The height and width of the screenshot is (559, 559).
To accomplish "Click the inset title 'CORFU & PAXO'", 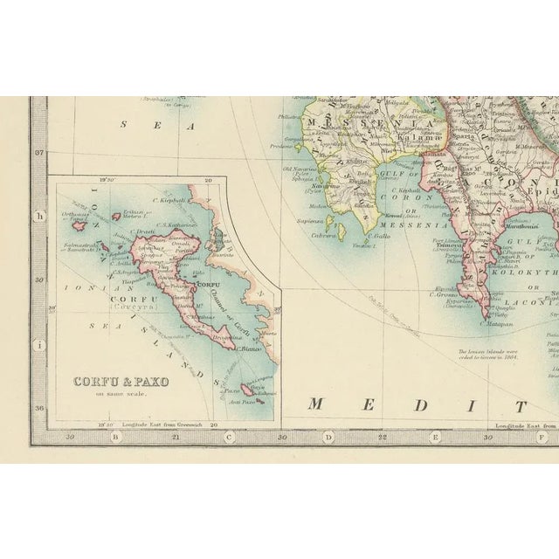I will coord(121,382).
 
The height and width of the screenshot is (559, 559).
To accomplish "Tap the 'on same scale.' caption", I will coord(121,393).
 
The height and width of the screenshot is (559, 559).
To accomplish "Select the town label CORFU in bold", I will coord(208,285).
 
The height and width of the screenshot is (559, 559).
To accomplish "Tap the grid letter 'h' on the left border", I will coord(38,216).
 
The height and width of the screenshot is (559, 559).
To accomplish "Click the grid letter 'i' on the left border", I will coord(38,345).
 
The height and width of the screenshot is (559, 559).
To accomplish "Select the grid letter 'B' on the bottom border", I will coord(115,437).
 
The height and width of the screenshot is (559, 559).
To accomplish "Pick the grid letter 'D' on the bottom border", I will coord(328,437).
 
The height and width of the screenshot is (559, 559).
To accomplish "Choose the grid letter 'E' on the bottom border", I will coord(435,437).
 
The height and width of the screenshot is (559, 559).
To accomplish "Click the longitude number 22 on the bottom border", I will coord(382,436).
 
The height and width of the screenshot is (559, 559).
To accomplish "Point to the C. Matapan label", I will coord(496,323).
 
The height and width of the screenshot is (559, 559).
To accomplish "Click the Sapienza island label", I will coord(311,223).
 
